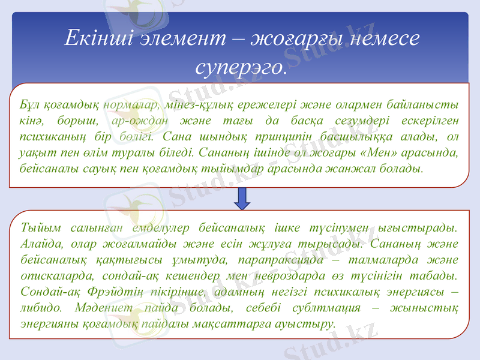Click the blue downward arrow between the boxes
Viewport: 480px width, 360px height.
pyautogui.click(x=242, y=198)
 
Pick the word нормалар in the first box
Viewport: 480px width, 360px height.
pyautogui.click(x=131, y=104)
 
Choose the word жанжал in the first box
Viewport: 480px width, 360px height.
pyautogui.click(x=359, y=168)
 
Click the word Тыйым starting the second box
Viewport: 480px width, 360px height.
pyautogui.click(x=37, y=227)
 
